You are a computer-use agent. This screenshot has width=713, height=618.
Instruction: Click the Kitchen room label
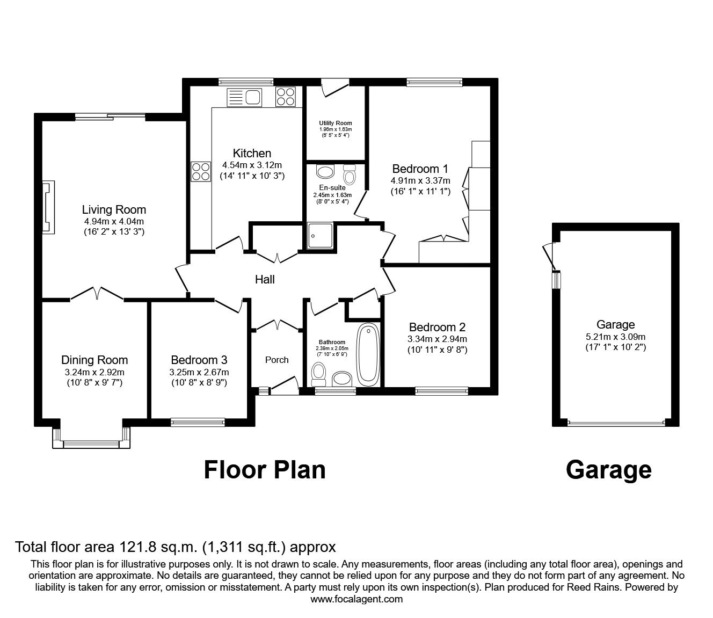(x=252, y=153)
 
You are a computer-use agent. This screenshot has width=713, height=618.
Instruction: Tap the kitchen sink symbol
(x=244, y=98)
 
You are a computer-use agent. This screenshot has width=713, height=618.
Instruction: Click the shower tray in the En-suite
(x=320, y=236)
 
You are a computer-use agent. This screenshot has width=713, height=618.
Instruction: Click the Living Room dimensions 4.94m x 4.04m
(x=114, y=221)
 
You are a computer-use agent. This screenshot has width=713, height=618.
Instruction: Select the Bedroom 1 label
(x=420, y=169)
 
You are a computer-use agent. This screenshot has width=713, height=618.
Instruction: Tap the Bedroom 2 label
(x=437, y=327)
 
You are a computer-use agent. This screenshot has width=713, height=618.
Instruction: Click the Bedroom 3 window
(x=198, y=423)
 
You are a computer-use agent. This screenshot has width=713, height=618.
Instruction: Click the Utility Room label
(x=335, y=123)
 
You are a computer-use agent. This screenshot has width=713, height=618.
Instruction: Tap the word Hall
(x=265, y=279)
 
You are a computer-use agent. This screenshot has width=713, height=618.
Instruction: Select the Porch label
(x=277, y=360)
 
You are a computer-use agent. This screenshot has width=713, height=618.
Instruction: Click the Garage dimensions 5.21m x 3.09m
(x=615, y=337)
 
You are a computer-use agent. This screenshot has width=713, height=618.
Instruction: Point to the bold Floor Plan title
(x=265, y=469)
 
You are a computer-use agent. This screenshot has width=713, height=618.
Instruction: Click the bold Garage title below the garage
(x=608, y=469)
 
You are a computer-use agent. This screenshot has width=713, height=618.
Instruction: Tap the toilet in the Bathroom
(x=319, y=372)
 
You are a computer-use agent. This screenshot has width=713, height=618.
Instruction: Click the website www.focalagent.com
(x=356, y=599)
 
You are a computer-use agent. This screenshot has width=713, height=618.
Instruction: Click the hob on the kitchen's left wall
(x=201, y=172)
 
